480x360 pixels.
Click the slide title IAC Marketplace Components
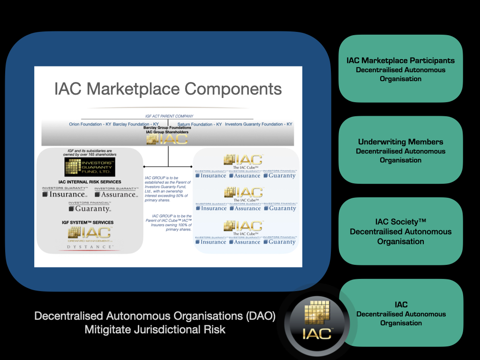pyautogui.click(x=168, y=89)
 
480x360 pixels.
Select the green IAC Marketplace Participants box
pyautogui.click(x=400, y=69)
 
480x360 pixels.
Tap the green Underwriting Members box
pyautogui.click(x=400, y=150)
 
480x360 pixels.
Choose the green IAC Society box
pyautogui.click(x=400, y=231)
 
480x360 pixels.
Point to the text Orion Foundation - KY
pyautogui.click(x=90, y=124)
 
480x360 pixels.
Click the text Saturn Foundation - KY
pyautogui.click(x=200, y=124)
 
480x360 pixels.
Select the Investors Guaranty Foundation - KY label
pyautogui.click(x=258, y=124)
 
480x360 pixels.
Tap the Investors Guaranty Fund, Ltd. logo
pyautogui.click(x=90, y=167)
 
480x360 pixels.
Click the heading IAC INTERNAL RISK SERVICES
pyautogui.click(x=90, y=182)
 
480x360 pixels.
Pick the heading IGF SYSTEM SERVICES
pyautogui.click(x=89, y=222)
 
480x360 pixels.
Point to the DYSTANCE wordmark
pyautogui.click(x=90, y=247)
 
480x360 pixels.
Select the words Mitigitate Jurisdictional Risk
pyautogui.click(x=155, y=330)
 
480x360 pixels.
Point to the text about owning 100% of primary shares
pyautogui.click(x=168, y=223)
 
